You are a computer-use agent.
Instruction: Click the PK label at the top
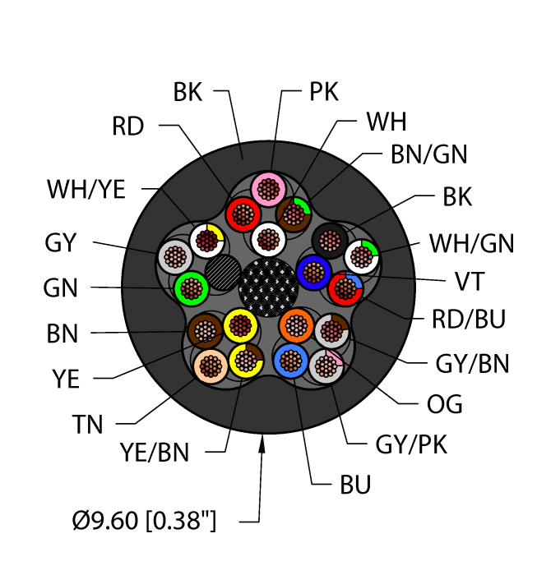click(324, 92)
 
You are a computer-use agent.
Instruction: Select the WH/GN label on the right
click(471, 243)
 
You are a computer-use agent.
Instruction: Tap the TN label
click(87, 425)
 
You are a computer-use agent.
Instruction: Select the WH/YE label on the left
click(86, 190)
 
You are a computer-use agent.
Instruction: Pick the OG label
click(445, 404)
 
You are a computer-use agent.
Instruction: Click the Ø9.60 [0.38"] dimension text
click(144, 520)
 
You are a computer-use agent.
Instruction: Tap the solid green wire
click(192, 287)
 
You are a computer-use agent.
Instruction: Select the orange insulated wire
click(295, 326)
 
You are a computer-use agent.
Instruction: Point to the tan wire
click(211, 365)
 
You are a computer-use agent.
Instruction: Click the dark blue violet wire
click(313, 271)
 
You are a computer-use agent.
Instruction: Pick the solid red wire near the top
click(243, 215)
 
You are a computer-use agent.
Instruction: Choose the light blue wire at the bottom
click(289, 359)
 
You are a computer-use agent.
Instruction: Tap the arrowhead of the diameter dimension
click(263, 444)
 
